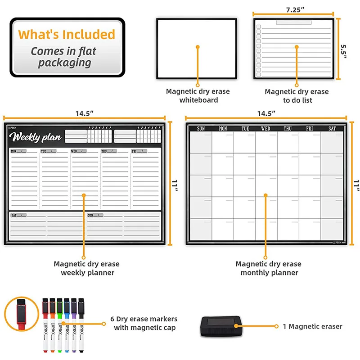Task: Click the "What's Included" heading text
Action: [67, 35]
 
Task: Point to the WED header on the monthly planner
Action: [266, 129]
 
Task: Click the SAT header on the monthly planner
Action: [332, 129]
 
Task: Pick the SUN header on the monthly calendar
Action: [201, 129]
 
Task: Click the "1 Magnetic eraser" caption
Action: [312, 327]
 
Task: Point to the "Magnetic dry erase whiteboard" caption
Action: [198, 95]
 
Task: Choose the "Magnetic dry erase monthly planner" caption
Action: [269, 268]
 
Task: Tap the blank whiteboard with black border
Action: [198, 48]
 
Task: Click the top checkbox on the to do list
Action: [259, 27]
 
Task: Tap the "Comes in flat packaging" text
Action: [64, 57]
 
